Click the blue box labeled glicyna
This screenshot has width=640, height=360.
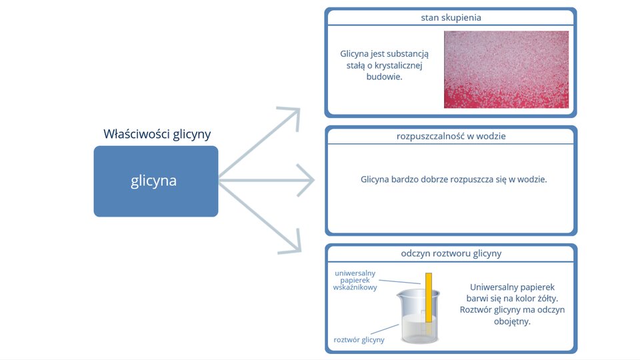[x=156, y=181]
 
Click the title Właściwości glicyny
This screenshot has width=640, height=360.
[x=157, y=134]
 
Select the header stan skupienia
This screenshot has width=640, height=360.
[x=451, y=17]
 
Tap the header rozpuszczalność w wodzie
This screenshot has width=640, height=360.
[x=451, y=136]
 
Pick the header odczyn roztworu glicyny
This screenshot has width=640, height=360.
[x=451, y=253]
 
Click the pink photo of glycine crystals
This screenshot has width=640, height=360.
[x=506, y=69]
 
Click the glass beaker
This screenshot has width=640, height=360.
[x=419, y=316]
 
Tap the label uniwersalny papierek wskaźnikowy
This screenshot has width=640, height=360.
[x=355, y=280]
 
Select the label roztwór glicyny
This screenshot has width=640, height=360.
[x=359, y=339]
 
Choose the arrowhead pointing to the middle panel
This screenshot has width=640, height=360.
[x=306, y=180]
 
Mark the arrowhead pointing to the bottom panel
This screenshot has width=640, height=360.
[x=293, y=243]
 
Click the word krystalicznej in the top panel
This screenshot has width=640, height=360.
[x=399, y=65]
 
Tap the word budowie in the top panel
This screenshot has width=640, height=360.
[x=384, y=77]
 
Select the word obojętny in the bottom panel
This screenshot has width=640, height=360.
[x=512, y=321]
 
